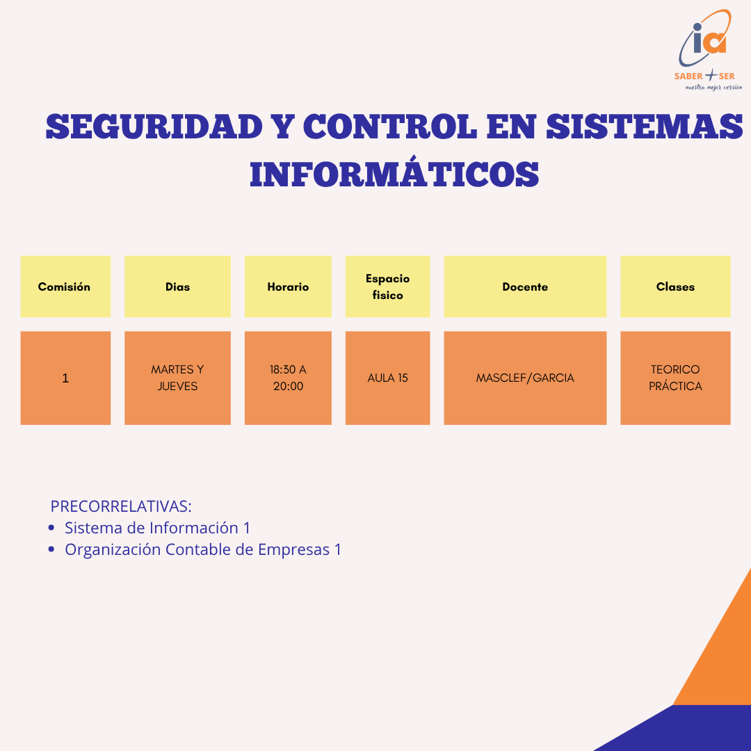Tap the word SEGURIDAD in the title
point(154,127)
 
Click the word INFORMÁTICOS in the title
point(394,175)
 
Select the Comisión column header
point(65,286)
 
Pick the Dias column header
point(177,286)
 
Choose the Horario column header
point(288,286)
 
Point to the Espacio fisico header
point(387,286)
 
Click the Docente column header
point(525,286)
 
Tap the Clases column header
point(675,286)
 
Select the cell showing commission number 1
point(65,378)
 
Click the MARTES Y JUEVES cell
point(177,378)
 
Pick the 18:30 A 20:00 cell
point(288,378)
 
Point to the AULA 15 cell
point(387,378)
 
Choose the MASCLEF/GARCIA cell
point(525,378)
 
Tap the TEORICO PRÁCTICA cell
point(675,378)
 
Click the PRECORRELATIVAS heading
point(121,506)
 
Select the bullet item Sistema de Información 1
point(157,528)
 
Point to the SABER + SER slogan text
point(704,76)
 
